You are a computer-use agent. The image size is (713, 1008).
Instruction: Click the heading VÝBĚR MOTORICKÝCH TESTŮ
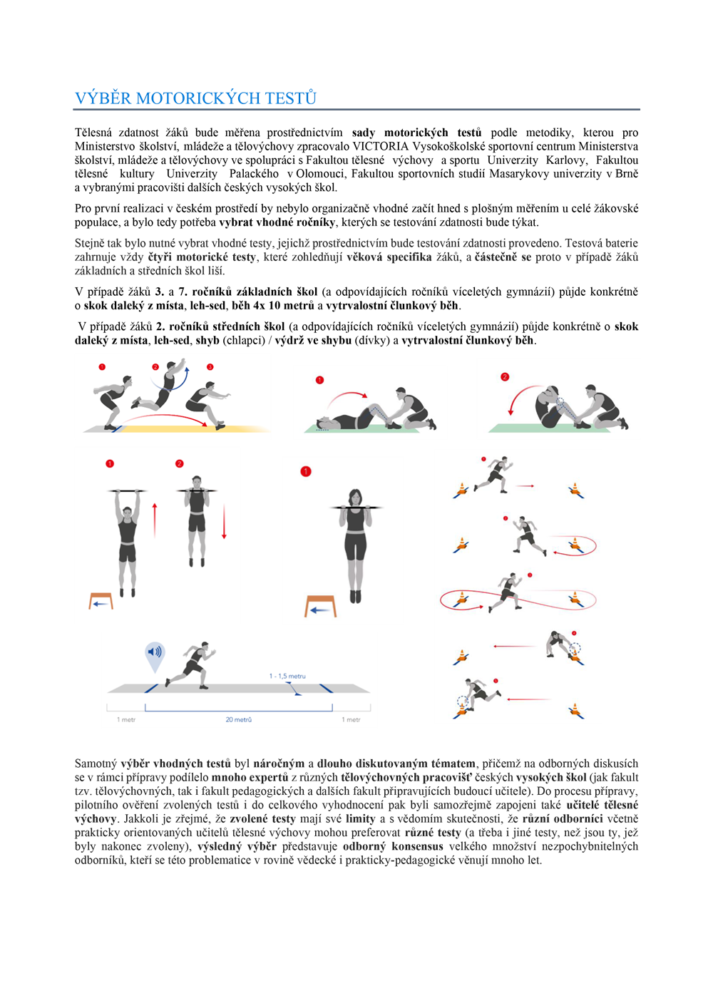click(196, 98)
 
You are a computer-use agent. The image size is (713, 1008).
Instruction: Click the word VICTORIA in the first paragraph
click(380, 147)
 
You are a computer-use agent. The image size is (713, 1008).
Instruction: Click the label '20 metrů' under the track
click(239, 719)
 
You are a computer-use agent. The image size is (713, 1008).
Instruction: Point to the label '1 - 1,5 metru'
click(287, 676)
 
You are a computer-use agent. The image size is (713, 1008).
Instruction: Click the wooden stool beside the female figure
click(320, 606)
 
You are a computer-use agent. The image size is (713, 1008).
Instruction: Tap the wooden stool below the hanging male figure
click(101, 601)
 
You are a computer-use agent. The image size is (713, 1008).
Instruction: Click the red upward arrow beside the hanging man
click(155, 520)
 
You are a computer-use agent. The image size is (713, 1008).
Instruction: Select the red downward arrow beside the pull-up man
click(224, 521)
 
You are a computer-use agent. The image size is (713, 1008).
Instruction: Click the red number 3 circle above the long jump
click(210, 367)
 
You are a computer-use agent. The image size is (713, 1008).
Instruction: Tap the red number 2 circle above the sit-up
click(505, 377)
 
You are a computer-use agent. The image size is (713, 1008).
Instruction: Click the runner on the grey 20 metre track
click(191, 665)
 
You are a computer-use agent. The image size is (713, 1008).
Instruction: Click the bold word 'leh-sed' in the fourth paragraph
click(207, 306)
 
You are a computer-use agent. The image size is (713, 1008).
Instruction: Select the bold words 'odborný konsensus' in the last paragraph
click(393, 846)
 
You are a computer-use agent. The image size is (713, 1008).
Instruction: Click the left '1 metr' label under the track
click(126, 719)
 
